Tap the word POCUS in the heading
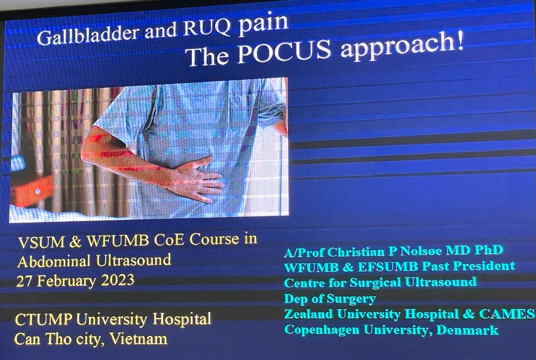click(284, 51)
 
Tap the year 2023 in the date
click(118, 280)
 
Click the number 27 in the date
click(24, 282)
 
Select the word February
click(66, 282)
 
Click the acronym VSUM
click(41, 242)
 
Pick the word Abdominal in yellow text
click(54, 262)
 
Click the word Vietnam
click(138, 339)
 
